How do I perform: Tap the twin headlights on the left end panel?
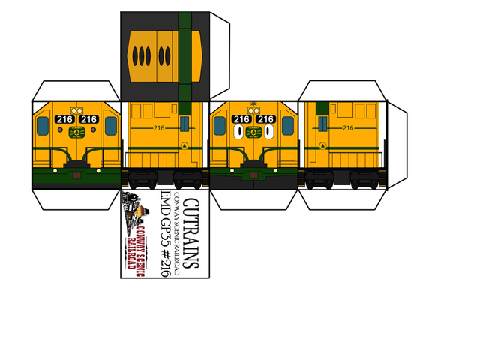tap(76, 110)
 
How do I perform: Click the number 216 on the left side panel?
tap(158, 128)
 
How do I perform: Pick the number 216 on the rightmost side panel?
tap(346, 129)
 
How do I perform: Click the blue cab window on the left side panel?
tap(184, 123)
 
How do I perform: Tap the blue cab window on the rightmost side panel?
tap(322, 123)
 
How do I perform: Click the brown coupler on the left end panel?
tap(76, 175)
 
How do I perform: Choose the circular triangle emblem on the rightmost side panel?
tap(322, 143)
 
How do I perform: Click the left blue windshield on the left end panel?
tap(43, 124)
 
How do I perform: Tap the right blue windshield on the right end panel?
tap(288, 124)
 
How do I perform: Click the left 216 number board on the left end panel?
tap(64, 119)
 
